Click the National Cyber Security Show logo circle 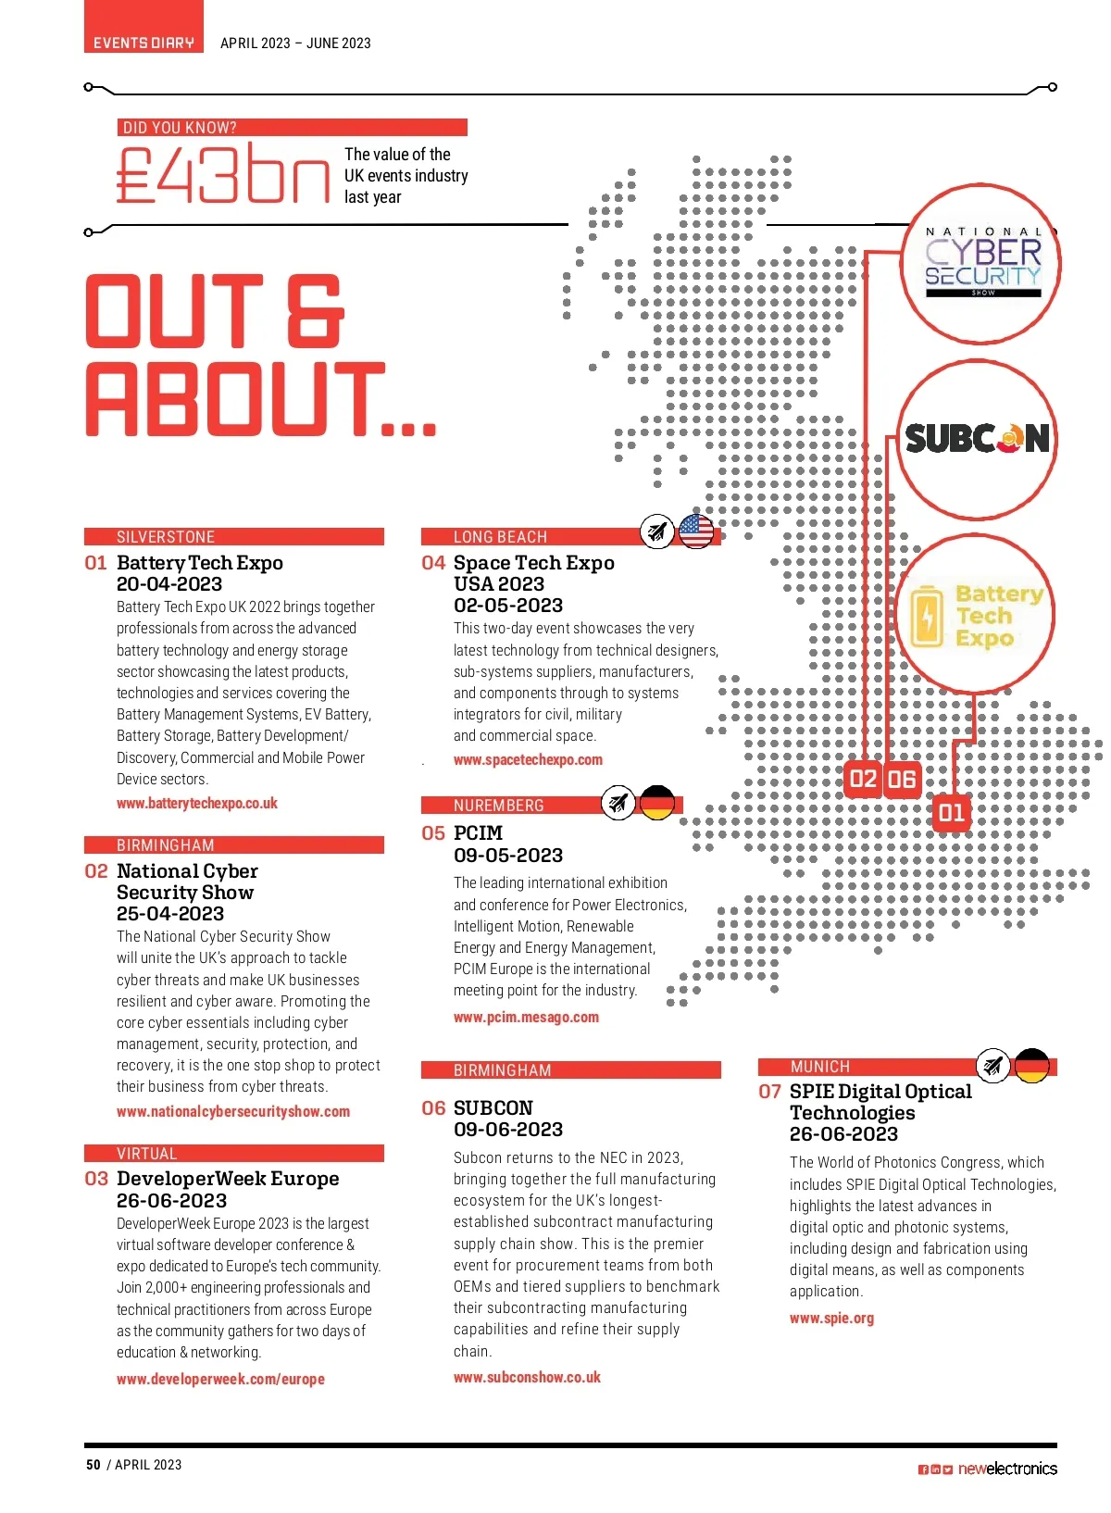[x=981, y=265]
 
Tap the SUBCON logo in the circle [x=978, y=438]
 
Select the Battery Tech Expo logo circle [x=977, y=615]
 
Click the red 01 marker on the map [x=951, y=813]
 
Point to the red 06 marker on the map [x=902, y=780]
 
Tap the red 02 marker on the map [x=863, y=779]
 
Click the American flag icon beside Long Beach [x=696, y=531]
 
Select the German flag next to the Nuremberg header [x=657, y=802]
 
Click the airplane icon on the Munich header [x=993, y=1066]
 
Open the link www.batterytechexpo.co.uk [x=197, y=804]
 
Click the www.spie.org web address [x=831, y=1318]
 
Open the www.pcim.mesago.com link [x=526, y=1017]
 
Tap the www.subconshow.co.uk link [x=527, y=1377]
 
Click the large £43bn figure [x=223, y=175]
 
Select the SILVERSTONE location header [x=166, y=537]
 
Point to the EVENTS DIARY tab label [x=144, y=43]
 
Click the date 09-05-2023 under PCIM [x=508, y=855]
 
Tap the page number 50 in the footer [x=94, y=1464]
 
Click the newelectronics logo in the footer [x=1006, y=1469]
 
